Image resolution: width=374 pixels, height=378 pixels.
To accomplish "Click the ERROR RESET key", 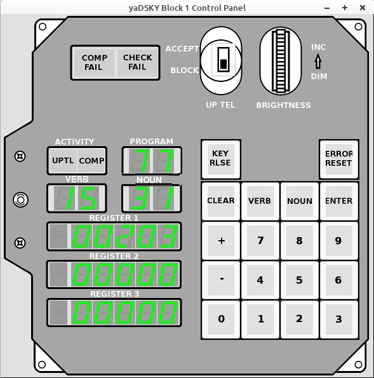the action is pyautogui.click(x=339, y=159).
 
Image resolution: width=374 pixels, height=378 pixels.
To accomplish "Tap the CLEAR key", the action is pyautogui.click(x=221, y=201).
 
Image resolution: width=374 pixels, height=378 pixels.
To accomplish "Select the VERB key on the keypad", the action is pyautogui.click(x=260, y=201).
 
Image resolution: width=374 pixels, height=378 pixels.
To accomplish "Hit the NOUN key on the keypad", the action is pyautogui.click(x=300, y=201).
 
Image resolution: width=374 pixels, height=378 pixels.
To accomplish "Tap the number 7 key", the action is pyautogui.click(x=260, y=240).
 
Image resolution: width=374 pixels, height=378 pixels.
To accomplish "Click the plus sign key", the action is pyautogui.click(x=221, y=240).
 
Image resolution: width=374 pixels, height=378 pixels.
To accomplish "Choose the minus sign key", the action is pyautogui.click(x=221, y=280).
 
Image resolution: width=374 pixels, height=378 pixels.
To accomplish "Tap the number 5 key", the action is pyautogui.click(x=300, y=280).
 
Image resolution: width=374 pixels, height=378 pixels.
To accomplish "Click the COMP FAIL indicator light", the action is pyautogui.click(x=93, y=63).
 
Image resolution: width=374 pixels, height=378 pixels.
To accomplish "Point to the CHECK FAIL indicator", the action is pyautogui.click(x=138, y=63).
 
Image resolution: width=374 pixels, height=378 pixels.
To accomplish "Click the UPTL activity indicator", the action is pyautogui.click(x=63, y=161).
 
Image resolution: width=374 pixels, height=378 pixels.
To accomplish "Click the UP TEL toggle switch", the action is pyautogui.click(x=223, y=59).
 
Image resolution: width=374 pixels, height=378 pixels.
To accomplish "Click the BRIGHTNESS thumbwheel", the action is pyautogui.click(x=281, y=61).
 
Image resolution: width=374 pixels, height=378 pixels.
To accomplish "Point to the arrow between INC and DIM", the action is pyautogui.click(x=318, y=61).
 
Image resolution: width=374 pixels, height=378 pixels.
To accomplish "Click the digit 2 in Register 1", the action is pyautogui.click(x=124, y=236).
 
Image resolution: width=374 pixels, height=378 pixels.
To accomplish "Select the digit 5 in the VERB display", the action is pyautogui.click(x=88, y=198).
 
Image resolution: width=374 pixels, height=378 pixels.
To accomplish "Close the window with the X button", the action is pyautogui.click(x=363, y=8).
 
